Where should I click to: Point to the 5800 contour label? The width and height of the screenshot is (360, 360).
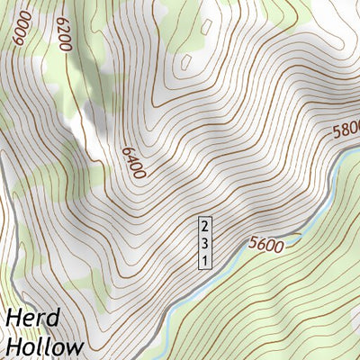(x=346, y=130)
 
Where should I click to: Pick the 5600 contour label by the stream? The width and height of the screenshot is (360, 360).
(x=265, y=243)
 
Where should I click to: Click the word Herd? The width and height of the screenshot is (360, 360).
(x=32, y=319)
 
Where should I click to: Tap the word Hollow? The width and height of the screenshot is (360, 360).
(x=44, y=346)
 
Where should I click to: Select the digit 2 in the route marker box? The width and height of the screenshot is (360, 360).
(x=205, y=224)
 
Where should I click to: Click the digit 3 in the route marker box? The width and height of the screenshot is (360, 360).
(x=205, y=242)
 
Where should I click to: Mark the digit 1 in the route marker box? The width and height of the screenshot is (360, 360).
(x=205, y=259)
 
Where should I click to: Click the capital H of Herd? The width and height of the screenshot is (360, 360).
(x=14, y=319)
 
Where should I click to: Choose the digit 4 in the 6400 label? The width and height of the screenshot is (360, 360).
(x=130, y=158)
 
